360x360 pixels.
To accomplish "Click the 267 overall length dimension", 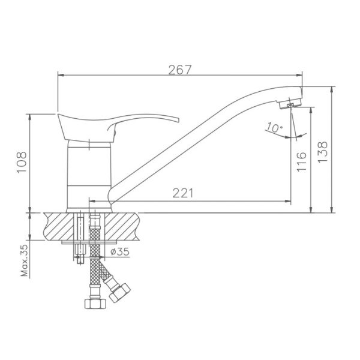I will click(179, 69).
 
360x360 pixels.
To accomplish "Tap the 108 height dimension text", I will click(22, 163).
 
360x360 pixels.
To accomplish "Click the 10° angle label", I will click(275, 128).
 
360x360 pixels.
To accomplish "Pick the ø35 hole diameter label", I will click(119, 252).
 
